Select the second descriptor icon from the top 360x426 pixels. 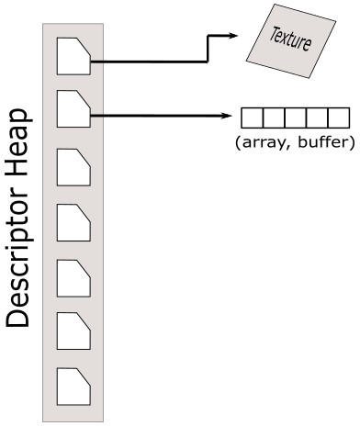click(73, 110)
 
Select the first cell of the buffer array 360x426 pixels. click(251, 118)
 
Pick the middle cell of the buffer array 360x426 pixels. click(295, 118)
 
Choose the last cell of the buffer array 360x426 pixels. click(339, 118)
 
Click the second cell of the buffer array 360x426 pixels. click(273, 118)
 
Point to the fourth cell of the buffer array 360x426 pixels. click(317, 118)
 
